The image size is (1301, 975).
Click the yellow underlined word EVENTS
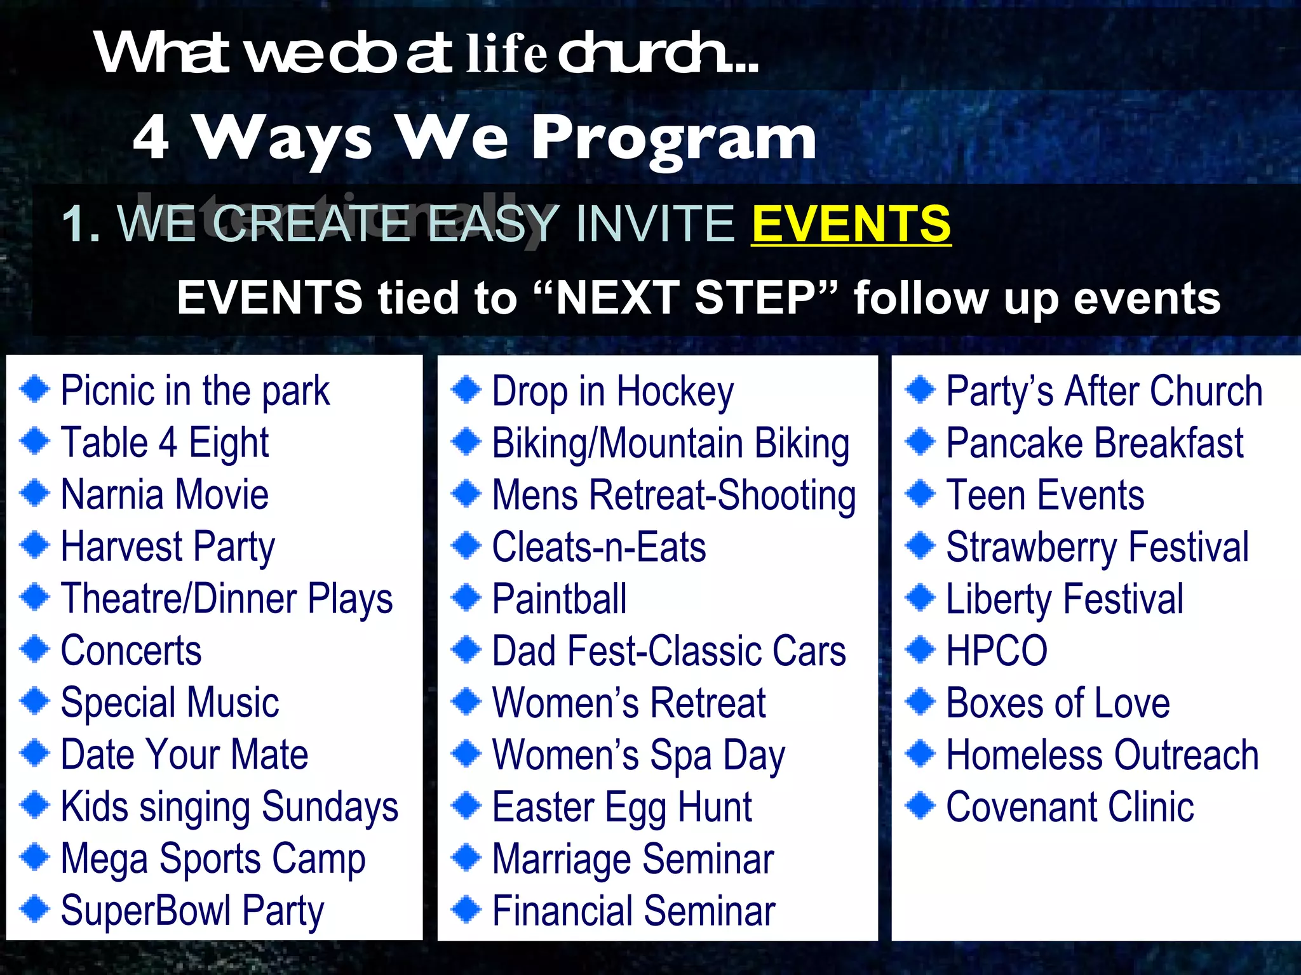pyautogui.click(x=851, y=223)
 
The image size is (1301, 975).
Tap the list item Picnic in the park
pyautogui.click(x=195, y=390)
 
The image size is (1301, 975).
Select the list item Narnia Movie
pyautogui.click(x=165, y=494)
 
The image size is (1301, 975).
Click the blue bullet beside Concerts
pyautogui.click(x=34, y=649)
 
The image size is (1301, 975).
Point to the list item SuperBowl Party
pyautogui.click(x=192, y=911)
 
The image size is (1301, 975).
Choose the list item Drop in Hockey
pyautogui.click(x=612, y=392)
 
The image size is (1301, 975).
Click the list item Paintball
pyautogui.click(x=559, y=599)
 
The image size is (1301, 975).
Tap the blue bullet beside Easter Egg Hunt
pyautogui.click(x=467, y=806)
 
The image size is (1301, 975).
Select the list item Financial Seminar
pyautogui.click(x=633, y=911)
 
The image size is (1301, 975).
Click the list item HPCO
pyautogui.click(x=996, y=651)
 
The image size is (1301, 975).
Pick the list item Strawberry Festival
pyautogui.click(x=1097, y=547)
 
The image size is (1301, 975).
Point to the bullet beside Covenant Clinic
pyautogui.click(x=920, y=806)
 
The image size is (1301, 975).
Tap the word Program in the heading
pyautogui.click(x=673, y=138)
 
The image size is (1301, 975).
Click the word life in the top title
pyautogui.click(x=506, y=54)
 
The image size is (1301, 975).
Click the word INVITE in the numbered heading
pyautogui.click(x=655, y=223)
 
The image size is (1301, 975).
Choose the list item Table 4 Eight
pyautogui.click(x=165, y=442)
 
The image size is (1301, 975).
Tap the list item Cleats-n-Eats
pyautogui.click(x=598, y=547)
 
